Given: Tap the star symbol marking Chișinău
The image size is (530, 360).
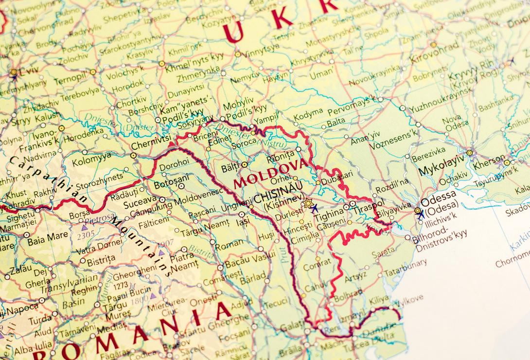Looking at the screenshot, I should [307, 203].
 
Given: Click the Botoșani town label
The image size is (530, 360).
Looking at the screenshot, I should [171, 185].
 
